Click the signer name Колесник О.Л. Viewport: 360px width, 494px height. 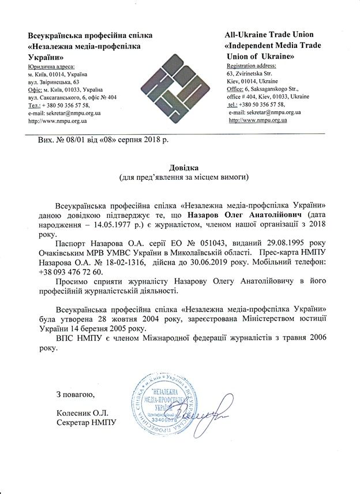[82, 413]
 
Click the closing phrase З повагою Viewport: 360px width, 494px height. [74, 394]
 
